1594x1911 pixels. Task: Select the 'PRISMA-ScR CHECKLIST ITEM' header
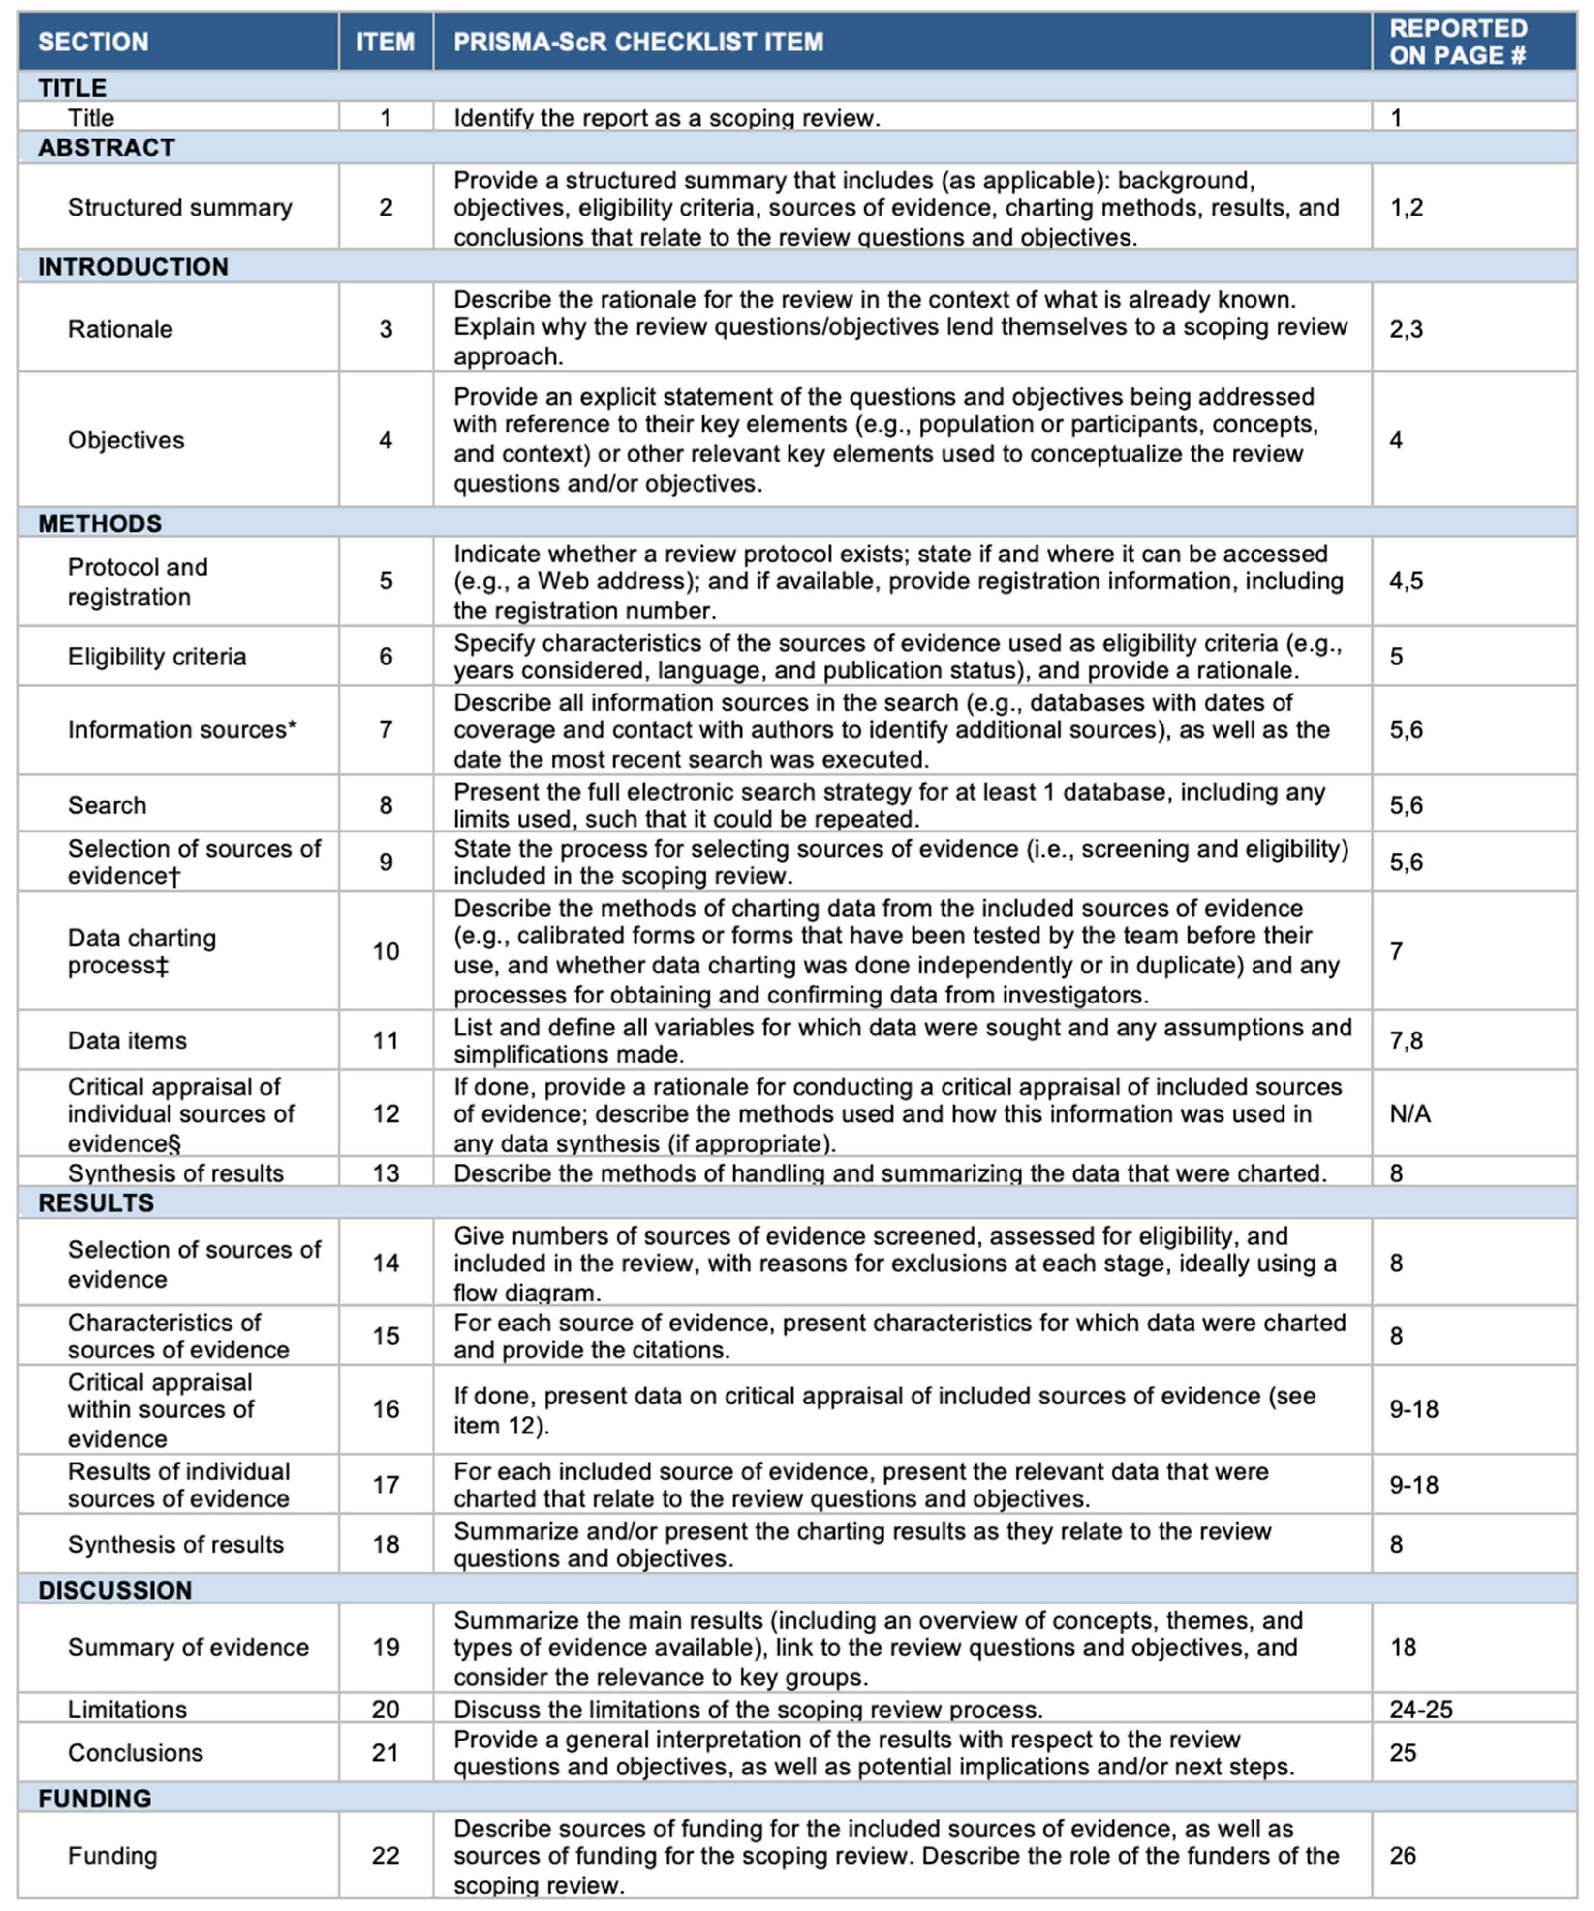click(x=638, y=42)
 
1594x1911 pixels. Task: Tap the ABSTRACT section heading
click(x=107, y=147)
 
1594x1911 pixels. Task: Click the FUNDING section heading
click(x=94, y=1798)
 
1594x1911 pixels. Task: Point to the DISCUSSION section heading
click(x=115, y=1590)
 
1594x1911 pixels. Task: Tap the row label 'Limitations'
click(x=127, y=1709)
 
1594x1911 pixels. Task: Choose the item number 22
click(x=386, y=1855)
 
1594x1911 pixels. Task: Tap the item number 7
click(x=386, y=730)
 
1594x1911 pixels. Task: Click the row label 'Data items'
click(x=127, y=1041)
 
